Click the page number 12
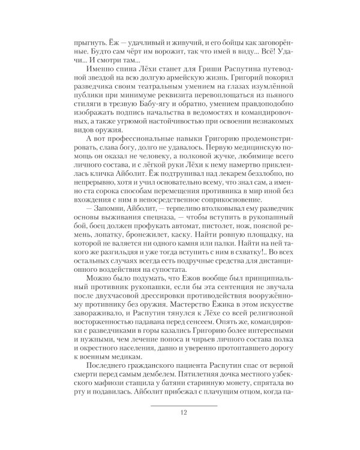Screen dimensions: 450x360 pos(184,410)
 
